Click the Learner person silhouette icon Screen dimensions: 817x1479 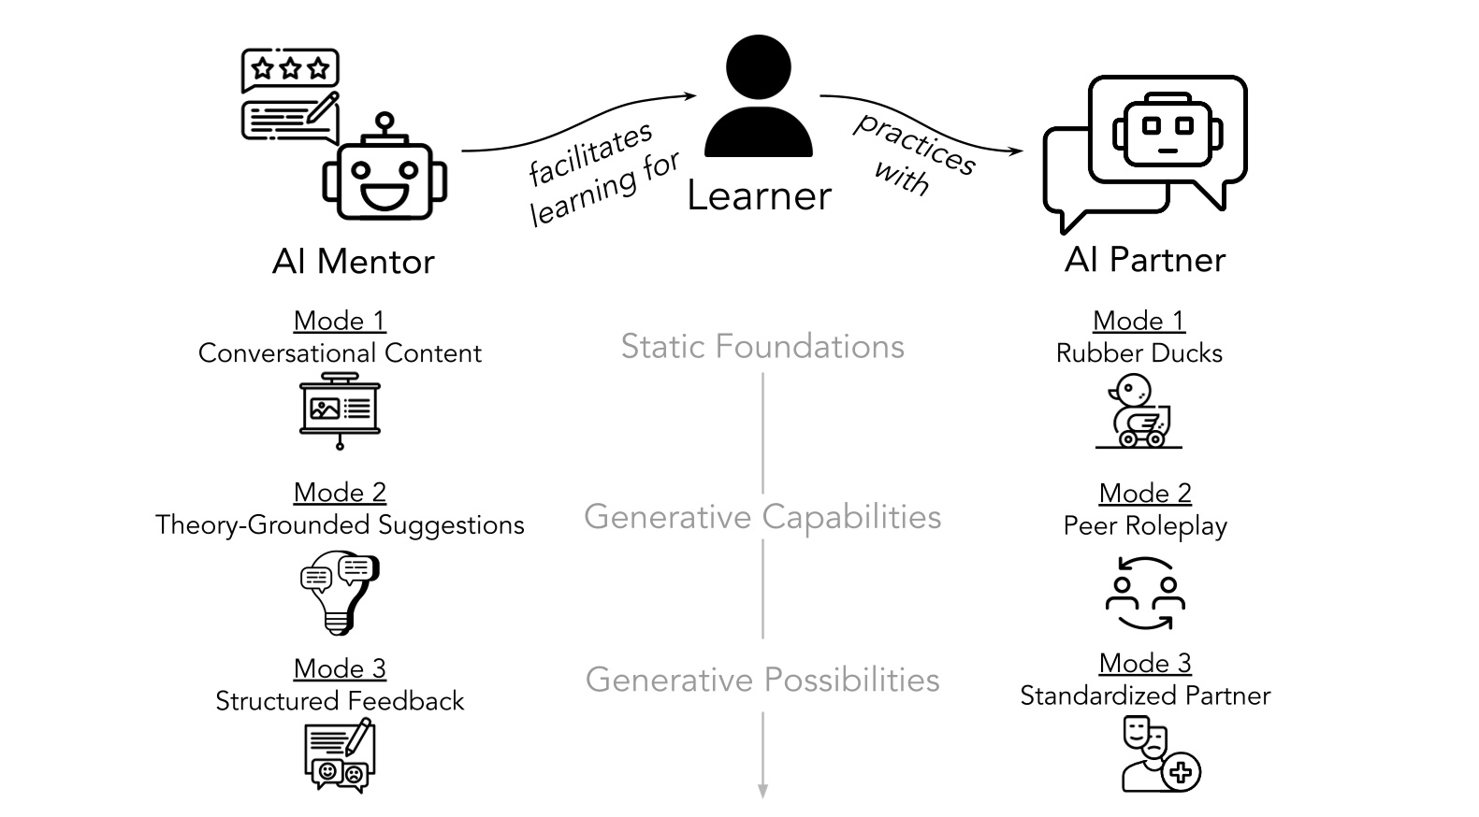point(758,97)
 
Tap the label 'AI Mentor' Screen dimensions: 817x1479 point(354,262)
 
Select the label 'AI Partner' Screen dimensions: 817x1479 point(1145,260)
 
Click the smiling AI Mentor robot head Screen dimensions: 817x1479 point(384,178)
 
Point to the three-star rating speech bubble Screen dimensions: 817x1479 point(290,69)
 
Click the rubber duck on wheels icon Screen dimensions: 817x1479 point(1139,411)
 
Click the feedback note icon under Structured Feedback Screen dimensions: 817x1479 point(340,757)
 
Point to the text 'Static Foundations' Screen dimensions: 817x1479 point(762,347)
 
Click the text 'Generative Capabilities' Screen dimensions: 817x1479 point(762,517)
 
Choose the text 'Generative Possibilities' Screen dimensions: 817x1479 point(762,680)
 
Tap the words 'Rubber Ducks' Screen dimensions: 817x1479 point(1139,353)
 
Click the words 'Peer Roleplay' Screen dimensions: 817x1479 point(1145,526)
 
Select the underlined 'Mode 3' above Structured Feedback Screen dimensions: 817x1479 point(340,668)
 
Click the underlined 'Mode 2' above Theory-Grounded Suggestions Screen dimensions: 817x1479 point(340,493)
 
